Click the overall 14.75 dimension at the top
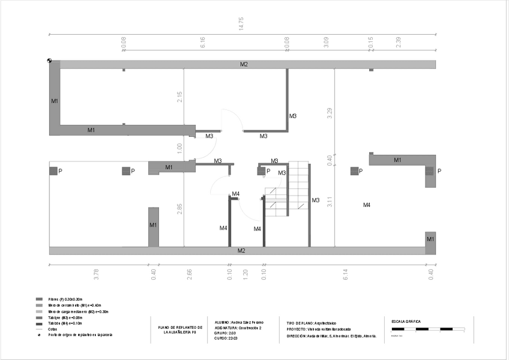(241, 23)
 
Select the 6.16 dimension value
(203, 43)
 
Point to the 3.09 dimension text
(326, 43)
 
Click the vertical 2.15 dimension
(179, 97)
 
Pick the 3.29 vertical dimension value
(330, 113)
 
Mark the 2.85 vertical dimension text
(179, 209)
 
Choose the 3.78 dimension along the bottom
(97, 274)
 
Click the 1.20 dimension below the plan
(245, 274)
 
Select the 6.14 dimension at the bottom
(346, 274)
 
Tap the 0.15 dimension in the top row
(371, 43)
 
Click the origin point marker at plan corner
(49, 61)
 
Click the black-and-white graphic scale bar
(428, 329)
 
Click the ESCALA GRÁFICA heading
(406, 321)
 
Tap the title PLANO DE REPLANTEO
(181, 329)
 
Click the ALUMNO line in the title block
(239, 322)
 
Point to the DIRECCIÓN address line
(331, 336)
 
